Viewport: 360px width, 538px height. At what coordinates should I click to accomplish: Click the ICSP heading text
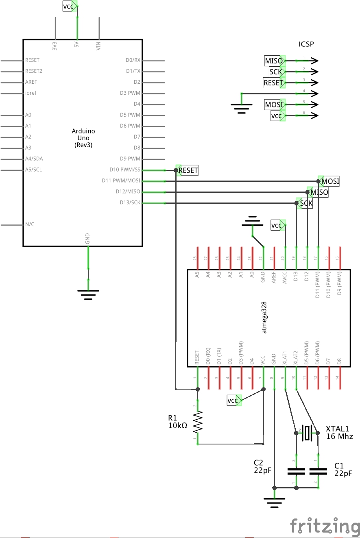pyautogui.click(x=306, y=44)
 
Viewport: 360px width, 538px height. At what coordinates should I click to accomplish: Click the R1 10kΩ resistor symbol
pyautogui.click(x=198, y=422)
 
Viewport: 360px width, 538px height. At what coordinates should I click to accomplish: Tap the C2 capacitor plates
pyautogui.click(x=296, y=471)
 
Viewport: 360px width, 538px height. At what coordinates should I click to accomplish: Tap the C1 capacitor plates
pyautogui.click(x=318, y=471)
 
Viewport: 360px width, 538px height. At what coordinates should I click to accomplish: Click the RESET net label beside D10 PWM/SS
pyautogui.click(x=188, y=170)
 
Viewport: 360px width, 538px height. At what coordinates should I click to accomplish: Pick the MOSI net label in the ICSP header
pyautogui.click(x=274, y=105)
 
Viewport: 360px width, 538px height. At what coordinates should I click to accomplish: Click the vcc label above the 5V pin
pyautogui.click(x=69, y=6)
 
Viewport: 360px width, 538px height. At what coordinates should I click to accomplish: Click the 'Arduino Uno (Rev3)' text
pyautogui.click(x=83, y=138)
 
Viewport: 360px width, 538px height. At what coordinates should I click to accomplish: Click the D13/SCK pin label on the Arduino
pyautogui.click(x=130, y=203)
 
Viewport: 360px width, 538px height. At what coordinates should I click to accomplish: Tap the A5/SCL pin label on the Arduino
pyautogui.click(x=33, y=170)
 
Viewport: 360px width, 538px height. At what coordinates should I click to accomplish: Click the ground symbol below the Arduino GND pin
pyautogui.click(x=88, y=294)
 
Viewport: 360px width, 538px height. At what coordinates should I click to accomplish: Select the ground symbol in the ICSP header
pyautogui.click(x=242, y=108)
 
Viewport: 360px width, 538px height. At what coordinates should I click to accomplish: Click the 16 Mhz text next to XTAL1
pyautogui.click(x=339, y=436)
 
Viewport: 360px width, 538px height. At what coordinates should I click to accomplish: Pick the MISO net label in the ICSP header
pyautogui.click(x=274, y=61)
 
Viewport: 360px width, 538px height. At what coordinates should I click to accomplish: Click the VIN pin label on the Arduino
pyautogui.click(x=98, y=46)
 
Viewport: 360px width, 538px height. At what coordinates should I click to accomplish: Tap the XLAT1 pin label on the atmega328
pyautogui.click(x=285, y=358)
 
